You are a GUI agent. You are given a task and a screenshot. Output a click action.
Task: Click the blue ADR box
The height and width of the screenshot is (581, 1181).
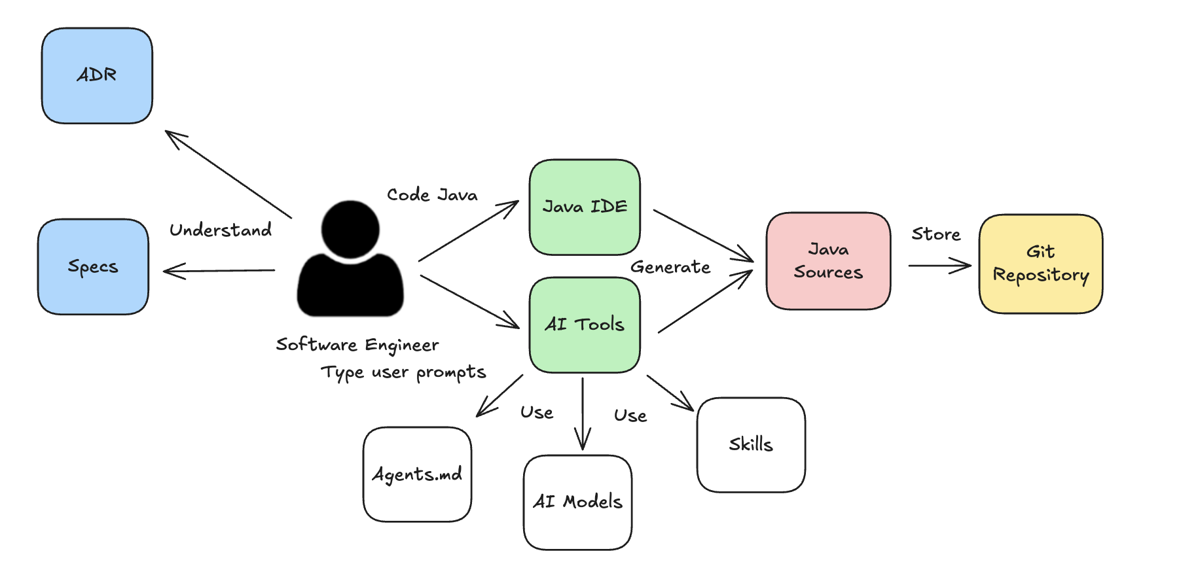point(97,75)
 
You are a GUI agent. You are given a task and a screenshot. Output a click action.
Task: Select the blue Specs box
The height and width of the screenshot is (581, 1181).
point(93,266)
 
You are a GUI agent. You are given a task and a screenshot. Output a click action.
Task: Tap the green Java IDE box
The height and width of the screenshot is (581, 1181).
point(585,207)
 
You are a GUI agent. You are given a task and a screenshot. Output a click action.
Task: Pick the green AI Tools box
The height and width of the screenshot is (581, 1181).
point(585,325)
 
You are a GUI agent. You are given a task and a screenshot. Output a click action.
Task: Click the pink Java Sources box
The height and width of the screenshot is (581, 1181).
point(828,260)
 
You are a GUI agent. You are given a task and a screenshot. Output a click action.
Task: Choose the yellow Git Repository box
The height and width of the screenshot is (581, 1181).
point(1040,264)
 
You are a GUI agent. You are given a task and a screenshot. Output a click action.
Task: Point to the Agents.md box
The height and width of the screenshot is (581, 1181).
point(417,474)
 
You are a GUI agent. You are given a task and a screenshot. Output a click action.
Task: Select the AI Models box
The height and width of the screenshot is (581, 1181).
point(577,502)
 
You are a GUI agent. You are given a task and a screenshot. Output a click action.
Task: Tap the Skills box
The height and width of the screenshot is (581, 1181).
point(751,444)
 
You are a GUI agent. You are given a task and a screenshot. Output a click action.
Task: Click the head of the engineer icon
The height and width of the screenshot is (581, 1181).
point(350,229)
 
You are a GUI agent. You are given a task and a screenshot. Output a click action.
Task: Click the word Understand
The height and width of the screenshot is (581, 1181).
point(221,230)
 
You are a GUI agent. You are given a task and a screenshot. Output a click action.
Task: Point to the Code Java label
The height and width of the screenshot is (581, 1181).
point(432,195)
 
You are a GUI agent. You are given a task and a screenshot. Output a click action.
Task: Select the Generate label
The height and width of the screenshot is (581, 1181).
point(670,267)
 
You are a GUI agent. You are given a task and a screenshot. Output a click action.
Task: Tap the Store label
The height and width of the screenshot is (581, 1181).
point(936,234)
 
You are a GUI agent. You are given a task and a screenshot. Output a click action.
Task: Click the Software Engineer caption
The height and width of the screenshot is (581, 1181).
point(357,345)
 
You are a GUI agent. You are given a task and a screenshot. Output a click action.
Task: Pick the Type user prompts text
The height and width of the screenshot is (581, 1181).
point(403,372)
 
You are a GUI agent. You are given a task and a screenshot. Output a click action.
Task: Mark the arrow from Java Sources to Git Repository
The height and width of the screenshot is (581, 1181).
point(939,266)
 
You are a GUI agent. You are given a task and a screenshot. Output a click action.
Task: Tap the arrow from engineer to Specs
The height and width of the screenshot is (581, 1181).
point(219,270)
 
